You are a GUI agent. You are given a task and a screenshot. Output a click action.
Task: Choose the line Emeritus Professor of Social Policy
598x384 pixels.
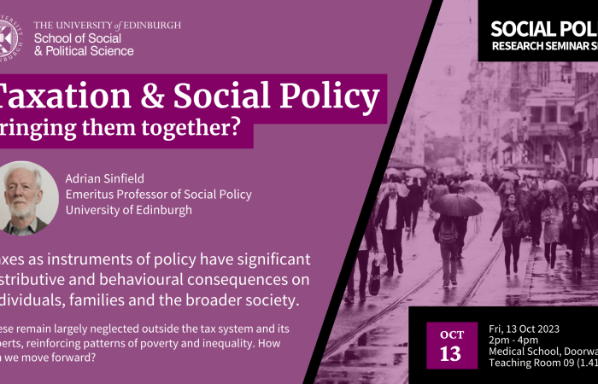[x=158, y=195]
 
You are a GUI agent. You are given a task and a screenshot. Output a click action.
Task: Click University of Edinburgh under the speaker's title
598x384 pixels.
[x=128, y=210]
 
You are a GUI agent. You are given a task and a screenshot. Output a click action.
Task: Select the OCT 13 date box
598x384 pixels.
[x=452, y=344]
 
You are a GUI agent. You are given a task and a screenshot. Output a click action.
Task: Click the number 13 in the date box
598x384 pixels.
[x=452, y=354]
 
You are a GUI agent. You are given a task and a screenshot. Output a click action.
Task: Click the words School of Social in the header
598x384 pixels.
[x=78, y=38]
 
